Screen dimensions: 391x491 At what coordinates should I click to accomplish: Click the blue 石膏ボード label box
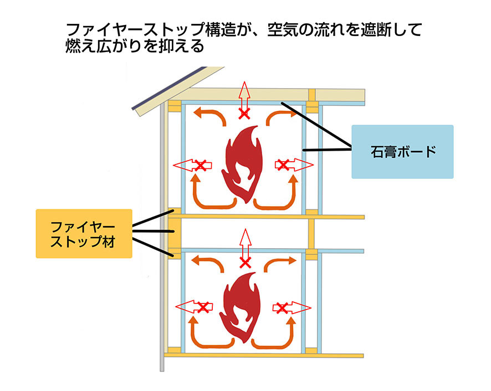click(x=402, y=151)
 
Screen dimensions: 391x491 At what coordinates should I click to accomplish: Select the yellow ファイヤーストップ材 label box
click(x=84, y=233)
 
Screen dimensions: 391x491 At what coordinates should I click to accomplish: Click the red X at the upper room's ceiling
click(x=243, y=114)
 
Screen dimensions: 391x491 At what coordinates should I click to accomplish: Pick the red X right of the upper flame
click(x=283, y=164)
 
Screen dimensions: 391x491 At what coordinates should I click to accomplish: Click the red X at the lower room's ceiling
click(x=244, y=260)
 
